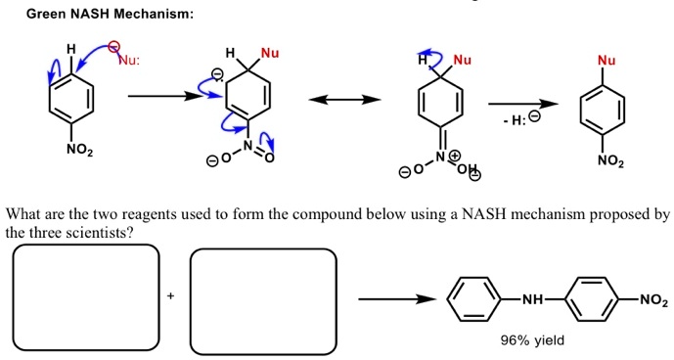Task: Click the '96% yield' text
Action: pyautogui.click(x=532, y=340)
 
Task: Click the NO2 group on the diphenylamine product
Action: pyautogui.click(x=653, y=300)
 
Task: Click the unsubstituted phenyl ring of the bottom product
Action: pyautogui.click(x=474, y=300)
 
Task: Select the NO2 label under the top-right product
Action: pyautogui.click(x=607, y=161)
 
